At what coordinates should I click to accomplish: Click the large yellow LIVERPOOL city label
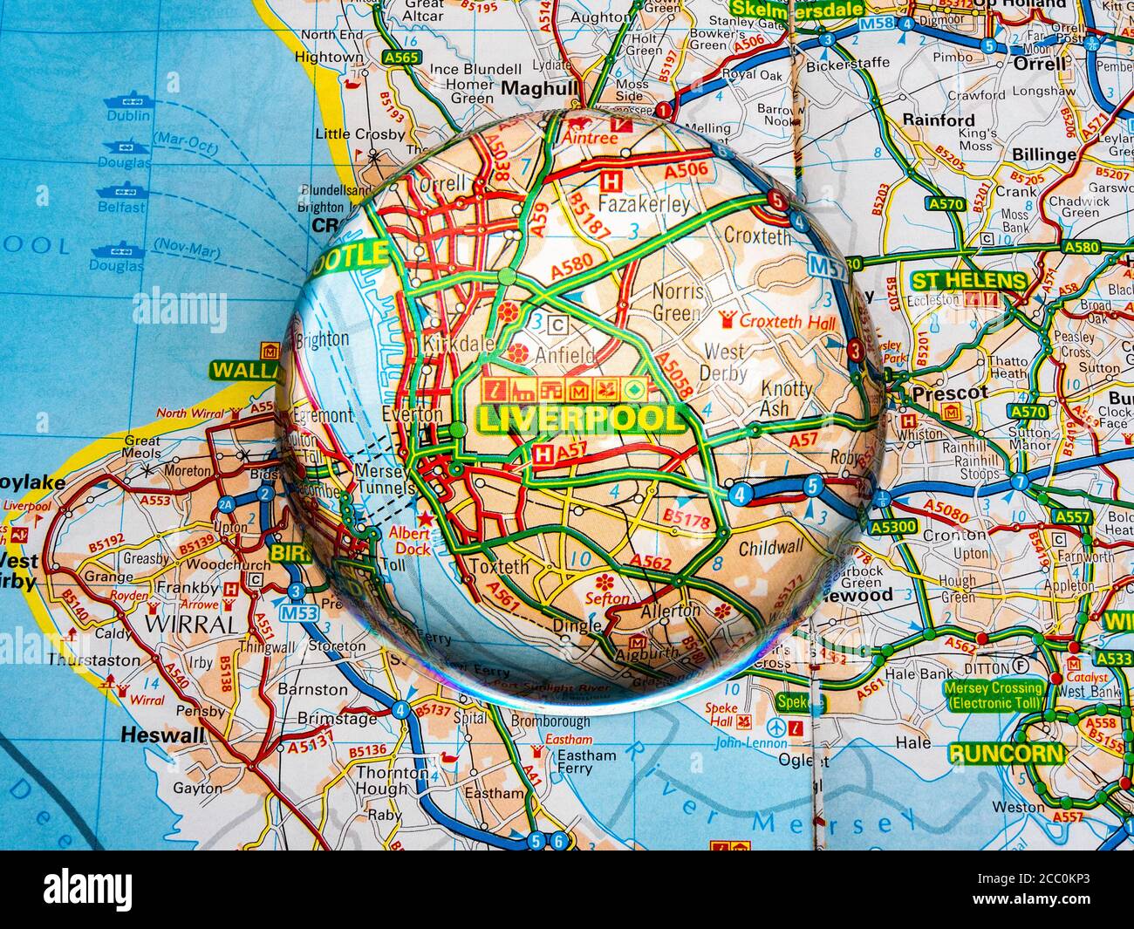(x=580, y=419)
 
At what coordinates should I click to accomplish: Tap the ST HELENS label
(x=968, y=281)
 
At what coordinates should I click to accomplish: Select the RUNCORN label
(x=1006, y=754)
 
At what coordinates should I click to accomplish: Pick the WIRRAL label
(x=179, y=625)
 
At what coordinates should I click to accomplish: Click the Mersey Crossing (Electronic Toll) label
(x=993, y=694)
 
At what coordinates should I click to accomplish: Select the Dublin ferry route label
(x=127, y=114)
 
